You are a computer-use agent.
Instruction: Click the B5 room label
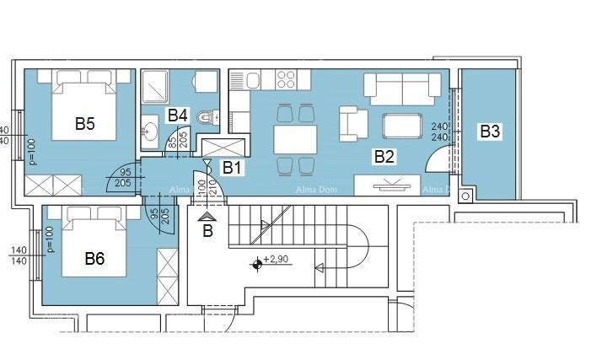[84, 124]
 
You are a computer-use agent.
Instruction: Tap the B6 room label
[94, 259]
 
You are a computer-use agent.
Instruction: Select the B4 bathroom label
[177, 115]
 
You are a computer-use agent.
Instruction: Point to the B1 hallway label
[232, 167]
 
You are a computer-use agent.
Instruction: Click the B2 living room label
[384, 156]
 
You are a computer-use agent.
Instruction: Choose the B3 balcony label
[490, 131]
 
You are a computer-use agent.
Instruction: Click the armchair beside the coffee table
[353, 125]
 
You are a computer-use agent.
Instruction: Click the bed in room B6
[93, 244]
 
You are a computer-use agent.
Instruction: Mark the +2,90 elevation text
[277, 261]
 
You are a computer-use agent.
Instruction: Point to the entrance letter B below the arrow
[207, 230]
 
